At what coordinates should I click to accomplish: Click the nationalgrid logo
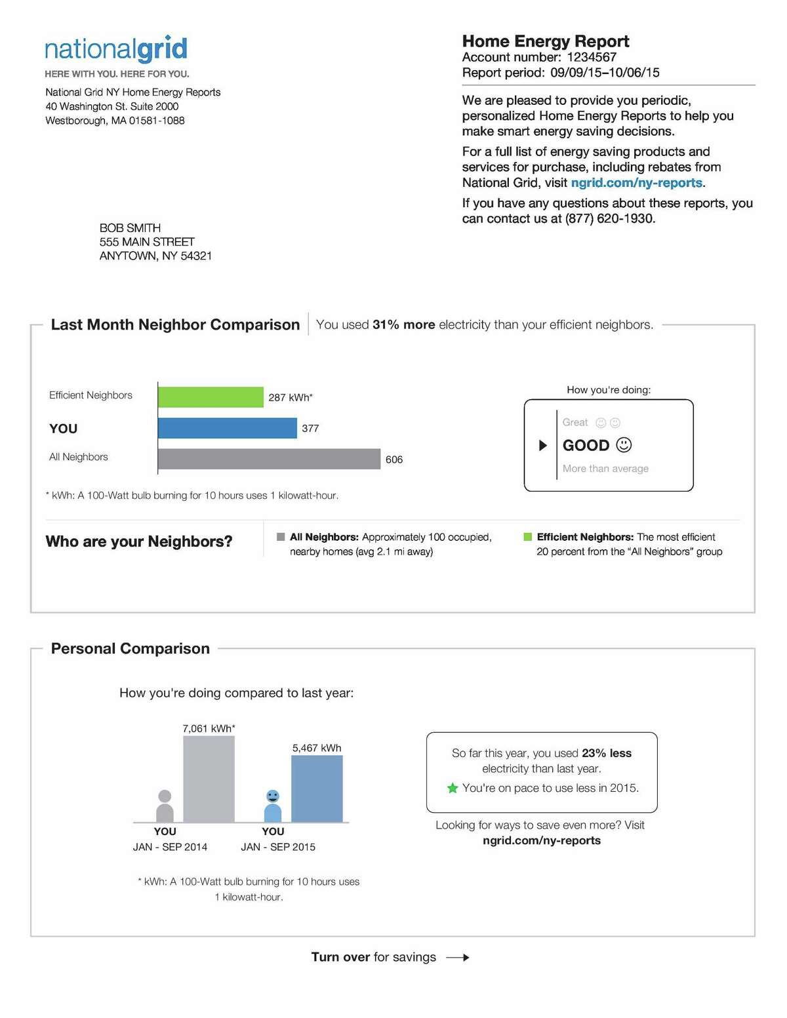pos(116,50)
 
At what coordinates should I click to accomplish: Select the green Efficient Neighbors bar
pos(211,397)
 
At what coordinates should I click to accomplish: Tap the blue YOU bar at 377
pos(227,428)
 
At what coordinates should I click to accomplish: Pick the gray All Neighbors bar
pos(269,459)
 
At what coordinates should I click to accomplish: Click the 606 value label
pos(394,460)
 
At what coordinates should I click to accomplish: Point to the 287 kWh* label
pos(291,397)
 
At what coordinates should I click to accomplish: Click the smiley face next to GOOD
pos(624,445)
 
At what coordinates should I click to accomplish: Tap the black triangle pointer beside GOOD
pos(543,446)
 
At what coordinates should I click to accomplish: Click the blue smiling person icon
pos(273,806)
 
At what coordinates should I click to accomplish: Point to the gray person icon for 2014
pos(165,806)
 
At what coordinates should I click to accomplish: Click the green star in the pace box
pos(453,788)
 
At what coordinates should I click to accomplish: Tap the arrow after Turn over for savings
pos(458,958)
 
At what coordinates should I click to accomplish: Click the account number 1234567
pos(592,57)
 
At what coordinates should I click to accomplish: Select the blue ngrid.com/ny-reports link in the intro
pos(636,183)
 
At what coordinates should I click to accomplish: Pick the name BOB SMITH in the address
pos(130,228)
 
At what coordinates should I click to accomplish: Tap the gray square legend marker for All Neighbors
pos(281,537)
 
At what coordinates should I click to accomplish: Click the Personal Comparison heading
pos(131,648)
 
